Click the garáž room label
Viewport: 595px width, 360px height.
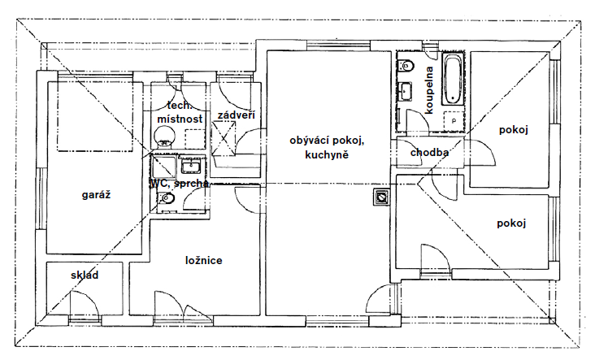pyautogui.click(x=97, y=195)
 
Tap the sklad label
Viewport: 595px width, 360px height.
pyautogui.click(x=85, y=275)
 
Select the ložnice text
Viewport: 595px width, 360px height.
pyautogui.click(x=204, y=261)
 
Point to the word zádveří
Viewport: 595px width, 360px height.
pyautogui.click(x=236, y=115)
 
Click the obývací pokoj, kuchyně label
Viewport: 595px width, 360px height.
pyautogui.click(x=327, y=148)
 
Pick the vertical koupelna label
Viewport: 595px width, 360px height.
pyautogui.click(x=429, y=90)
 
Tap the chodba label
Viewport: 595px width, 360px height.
pyautogui.click(x=429, y=153)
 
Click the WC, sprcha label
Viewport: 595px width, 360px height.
pyautogui.click(x=179, y=184)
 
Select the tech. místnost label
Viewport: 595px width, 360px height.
pyautogui.click(x=180, y=112)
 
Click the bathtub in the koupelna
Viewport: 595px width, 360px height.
pyautogui.click(x=453, y=79)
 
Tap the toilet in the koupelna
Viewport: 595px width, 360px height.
pyautogui.click(x=406, y=65)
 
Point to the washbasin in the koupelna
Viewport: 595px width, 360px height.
pyautogui.click(x=406, y=91)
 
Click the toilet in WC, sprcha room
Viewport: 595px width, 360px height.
pyautogui.click(x=166, y=198)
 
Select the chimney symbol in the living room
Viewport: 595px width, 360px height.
pyautogui.click(x=381, y=197)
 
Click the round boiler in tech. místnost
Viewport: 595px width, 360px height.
pyautogui.click(x=164, y=136)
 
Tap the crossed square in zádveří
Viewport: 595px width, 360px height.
pyautogui.click(x=224, y=138)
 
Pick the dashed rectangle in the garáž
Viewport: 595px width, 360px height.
pyautogui.click(x=95, y=115)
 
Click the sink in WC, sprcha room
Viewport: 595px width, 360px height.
pyautogui.click(x=191, y=166)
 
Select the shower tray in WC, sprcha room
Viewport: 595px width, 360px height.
pyautogui.click(x=163, y=167)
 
